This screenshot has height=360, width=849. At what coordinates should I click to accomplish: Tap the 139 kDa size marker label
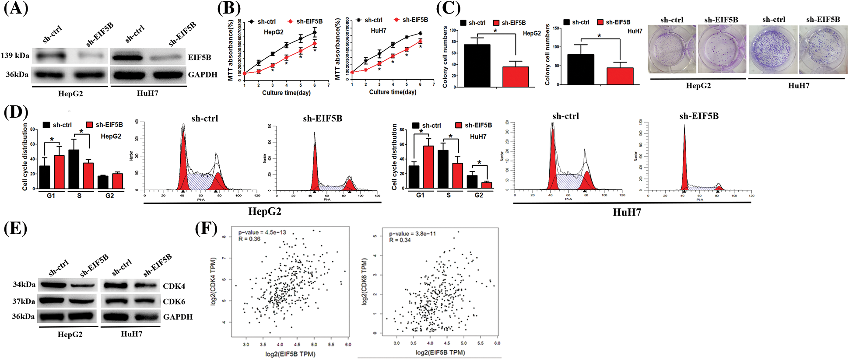[15, 56]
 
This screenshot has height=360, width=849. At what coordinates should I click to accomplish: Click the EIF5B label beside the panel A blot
[200, 57]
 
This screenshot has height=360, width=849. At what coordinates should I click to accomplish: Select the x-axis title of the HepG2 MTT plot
[286, 93]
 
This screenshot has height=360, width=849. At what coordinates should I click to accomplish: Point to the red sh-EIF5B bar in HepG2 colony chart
[516, 77]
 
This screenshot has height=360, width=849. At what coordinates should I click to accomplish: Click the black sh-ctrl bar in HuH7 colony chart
[581, 69]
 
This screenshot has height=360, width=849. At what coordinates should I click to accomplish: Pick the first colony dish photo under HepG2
[672, 49]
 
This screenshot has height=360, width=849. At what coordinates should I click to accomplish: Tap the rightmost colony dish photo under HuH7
[823, 49]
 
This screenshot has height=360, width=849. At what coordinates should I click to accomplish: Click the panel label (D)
[16, 112]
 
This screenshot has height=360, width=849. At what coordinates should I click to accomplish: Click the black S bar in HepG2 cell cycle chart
[74, 169]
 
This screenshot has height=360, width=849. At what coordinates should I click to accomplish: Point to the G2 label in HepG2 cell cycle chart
[109, 196]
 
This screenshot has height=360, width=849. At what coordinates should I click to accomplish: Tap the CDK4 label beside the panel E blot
[174, 286]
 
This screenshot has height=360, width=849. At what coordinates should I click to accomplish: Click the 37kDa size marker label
[24, 301]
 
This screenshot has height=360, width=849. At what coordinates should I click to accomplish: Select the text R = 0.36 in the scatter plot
[249, 239]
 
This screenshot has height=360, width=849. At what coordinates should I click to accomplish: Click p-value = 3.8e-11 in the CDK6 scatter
[412, 234]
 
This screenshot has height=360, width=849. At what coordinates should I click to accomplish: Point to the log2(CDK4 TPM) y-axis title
[214, 281]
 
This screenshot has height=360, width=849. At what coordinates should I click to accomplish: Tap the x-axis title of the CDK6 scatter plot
[440, 352]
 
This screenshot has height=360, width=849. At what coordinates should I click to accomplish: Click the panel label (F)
[206, 228]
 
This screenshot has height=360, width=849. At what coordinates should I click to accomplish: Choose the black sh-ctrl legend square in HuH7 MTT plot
[359, 20]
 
